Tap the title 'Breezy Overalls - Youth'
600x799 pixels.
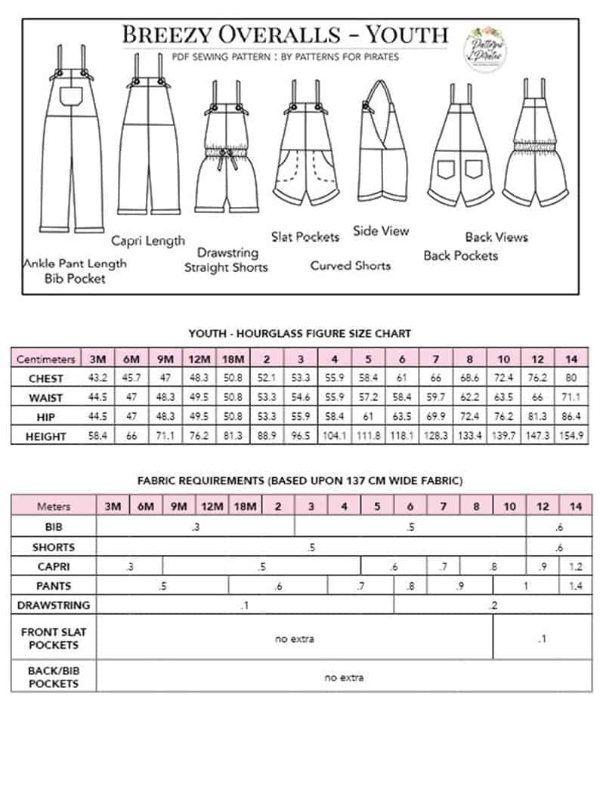285,35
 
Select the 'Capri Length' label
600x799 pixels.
148,241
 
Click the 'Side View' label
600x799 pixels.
381,231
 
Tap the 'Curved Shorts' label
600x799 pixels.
351,266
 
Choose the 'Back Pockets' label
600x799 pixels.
461,256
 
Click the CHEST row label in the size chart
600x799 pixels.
45,378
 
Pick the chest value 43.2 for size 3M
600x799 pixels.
97,378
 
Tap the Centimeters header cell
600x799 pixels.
45,359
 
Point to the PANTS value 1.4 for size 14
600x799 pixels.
576,586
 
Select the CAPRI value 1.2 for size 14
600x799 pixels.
576,566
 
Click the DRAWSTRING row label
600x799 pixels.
53,605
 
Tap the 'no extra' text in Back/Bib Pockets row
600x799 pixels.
344,677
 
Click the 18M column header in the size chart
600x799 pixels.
231,359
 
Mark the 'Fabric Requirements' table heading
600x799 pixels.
300,481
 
